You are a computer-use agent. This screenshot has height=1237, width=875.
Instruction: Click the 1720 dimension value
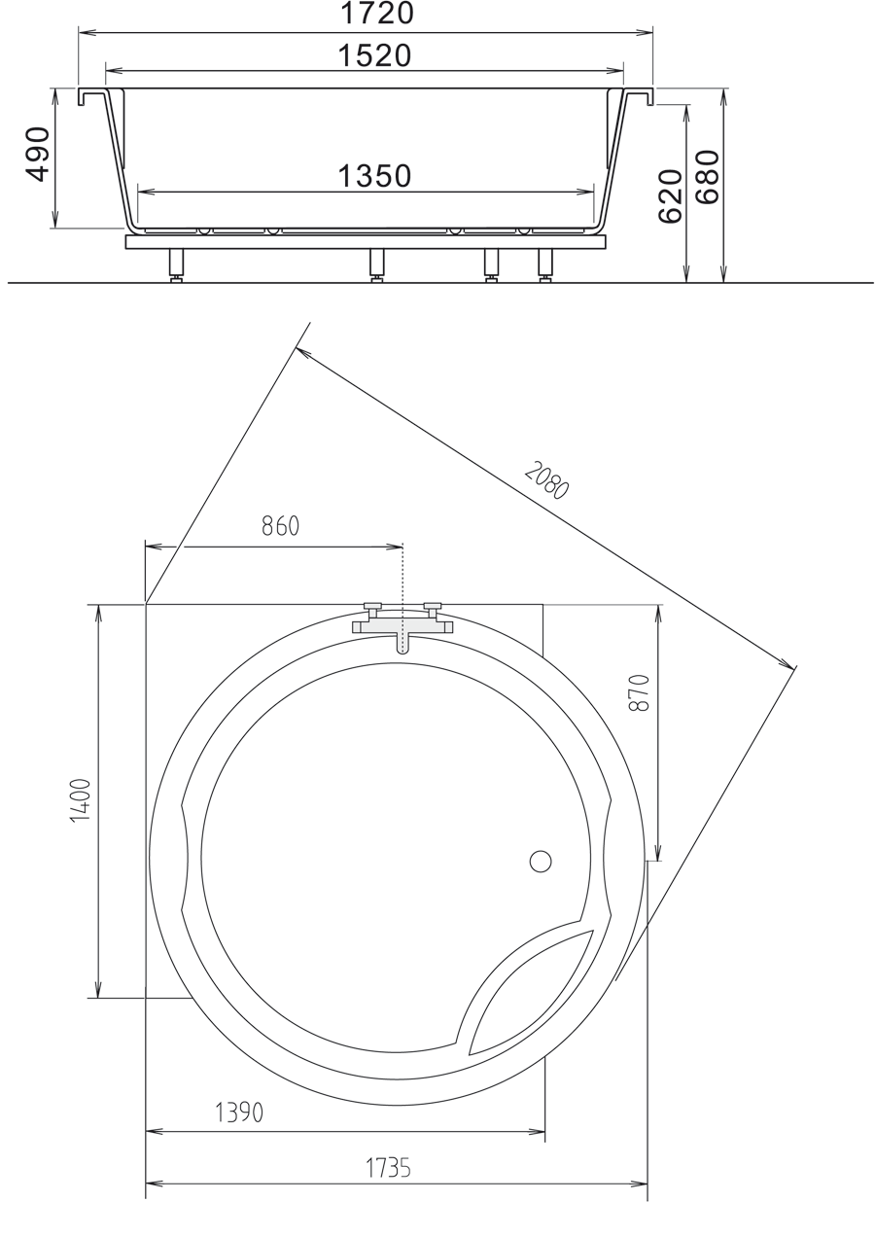click(x=376, y=15)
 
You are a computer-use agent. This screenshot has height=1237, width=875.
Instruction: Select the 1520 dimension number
click(x=375, y=56)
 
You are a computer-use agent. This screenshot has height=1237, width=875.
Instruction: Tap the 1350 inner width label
click(x=375, y=176)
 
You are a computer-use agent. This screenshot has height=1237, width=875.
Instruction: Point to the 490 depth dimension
click(x=38, y=154)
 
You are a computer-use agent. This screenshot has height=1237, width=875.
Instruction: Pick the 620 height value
click(x=671, y=196)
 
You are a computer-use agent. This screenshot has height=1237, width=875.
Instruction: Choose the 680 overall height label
click(x=708, y=177)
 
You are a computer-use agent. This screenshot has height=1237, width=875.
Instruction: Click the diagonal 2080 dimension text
click(x=546, y=479)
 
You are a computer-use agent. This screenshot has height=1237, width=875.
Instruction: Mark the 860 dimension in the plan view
click(x=280, y=526)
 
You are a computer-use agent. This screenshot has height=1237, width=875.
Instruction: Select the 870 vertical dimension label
click(x=639, y=692)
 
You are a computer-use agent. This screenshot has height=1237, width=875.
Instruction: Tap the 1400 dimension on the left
click(x=81, y=800)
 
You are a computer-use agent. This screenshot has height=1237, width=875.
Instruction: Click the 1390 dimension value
click(x=239, y=1113)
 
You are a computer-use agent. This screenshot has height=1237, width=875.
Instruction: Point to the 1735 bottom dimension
click(x=388, y=1168)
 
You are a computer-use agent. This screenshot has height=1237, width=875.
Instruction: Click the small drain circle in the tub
click(x=541, y=862)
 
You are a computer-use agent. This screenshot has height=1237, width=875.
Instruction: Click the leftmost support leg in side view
click(x=176, y=264)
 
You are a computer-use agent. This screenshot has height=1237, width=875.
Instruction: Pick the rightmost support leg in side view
click(x=545, y=264)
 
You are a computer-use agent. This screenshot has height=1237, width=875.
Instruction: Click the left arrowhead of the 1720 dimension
click(x=85, y=32)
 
